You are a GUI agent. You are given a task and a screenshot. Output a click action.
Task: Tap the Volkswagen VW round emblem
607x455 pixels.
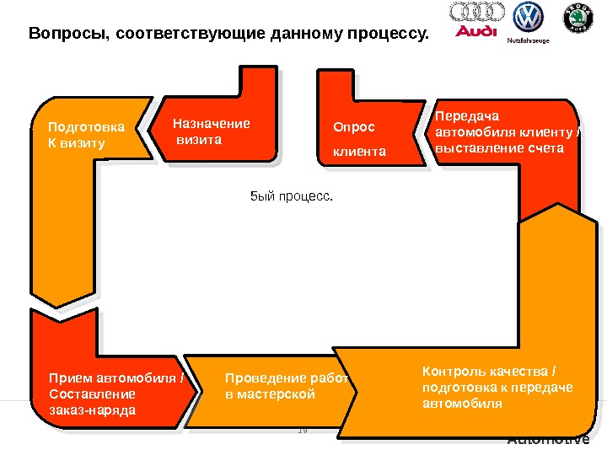[x=528, y=17]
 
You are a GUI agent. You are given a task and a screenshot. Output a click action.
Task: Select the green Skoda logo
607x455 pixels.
[x=577, y=19]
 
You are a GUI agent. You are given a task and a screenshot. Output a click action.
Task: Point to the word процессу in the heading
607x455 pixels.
[x=389, y=35]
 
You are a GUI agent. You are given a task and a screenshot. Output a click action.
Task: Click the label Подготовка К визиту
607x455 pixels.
[x=85, y=135]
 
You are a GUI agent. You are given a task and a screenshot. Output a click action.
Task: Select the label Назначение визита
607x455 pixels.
[x=211, y=131]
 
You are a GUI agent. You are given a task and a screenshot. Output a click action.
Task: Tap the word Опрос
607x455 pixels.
[x=353, y=128]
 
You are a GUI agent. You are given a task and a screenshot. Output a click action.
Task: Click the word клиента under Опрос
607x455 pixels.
[x=359, y=153]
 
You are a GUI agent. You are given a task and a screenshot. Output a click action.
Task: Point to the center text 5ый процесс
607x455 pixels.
[x=293, y=196]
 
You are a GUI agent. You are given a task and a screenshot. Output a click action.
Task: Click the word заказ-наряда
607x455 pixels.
[x=92, y=409]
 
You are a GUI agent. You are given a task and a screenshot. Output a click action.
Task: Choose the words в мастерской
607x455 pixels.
[x=270, y=393]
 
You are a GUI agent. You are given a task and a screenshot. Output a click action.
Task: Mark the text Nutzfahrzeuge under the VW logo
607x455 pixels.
[x=527, y=40]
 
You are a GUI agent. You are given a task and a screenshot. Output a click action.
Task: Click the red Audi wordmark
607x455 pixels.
[x=476, y=32]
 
